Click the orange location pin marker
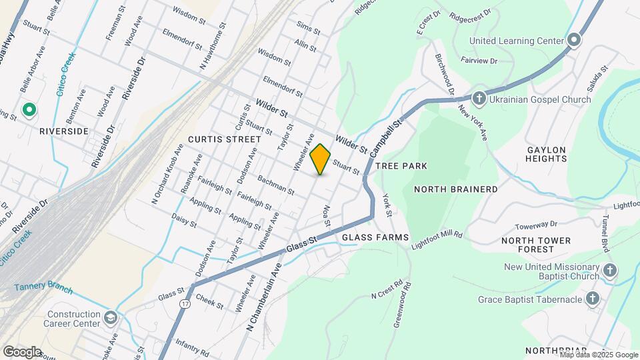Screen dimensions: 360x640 [321, 159]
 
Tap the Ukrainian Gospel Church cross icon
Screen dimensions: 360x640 [479, 99]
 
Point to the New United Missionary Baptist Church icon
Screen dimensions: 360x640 [610, 271]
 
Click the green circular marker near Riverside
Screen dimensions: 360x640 [29, 110]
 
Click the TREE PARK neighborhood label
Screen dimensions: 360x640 [401, 165]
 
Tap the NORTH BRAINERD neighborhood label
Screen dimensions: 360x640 [455, 189]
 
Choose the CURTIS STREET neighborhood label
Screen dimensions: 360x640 [224, 139]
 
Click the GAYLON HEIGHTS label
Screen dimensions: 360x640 [546, 154]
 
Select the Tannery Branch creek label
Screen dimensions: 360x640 [43, 288]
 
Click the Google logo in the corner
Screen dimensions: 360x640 [22, 351]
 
